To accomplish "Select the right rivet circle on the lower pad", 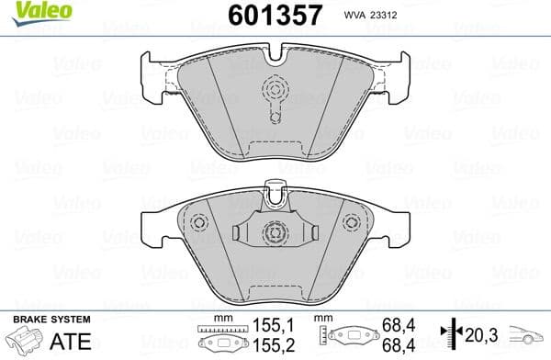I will (350, 222).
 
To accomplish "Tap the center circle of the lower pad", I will (274, 234).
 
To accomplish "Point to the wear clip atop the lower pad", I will (274, 192).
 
